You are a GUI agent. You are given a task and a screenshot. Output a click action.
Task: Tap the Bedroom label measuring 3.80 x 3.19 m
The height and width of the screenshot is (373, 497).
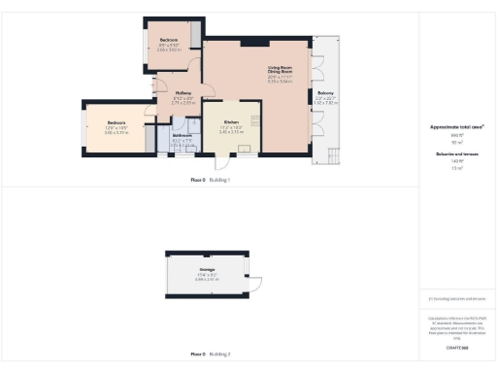[116, 122]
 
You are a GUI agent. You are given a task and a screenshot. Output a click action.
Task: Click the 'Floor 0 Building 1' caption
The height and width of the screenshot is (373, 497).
[210, 181]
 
